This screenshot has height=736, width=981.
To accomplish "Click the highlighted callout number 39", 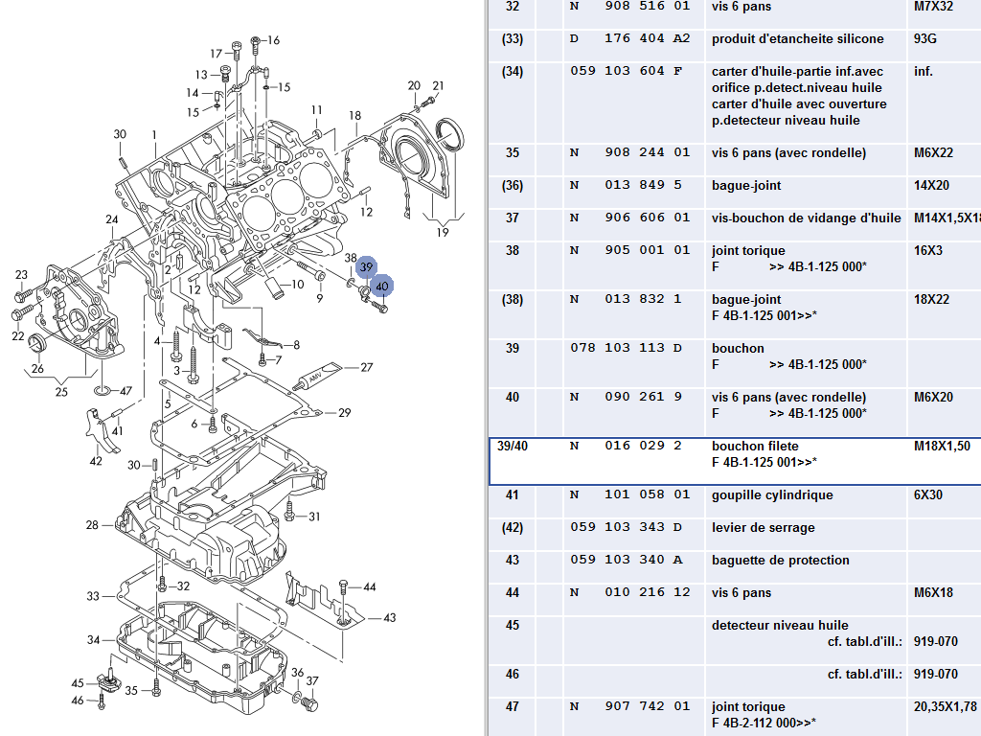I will tap(366, 268).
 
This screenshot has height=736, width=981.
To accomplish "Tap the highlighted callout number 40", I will tap(382, 286).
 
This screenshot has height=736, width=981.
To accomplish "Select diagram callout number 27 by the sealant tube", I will tap(366, 367).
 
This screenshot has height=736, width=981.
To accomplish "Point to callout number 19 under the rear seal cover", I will tap(442, 232).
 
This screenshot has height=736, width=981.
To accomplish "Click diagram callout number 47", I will tap(125, 391).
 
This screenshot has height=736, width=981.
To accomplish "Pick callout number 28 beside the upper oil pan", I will tap(92, 525).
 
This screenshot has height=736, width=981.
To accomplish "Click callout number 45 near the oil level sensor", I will tap(79, 683).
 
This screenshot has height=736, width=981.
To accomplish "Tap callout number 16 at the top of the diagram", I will tap(273, 40).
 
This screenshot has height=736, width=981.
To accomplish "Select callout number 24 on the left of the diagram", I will tap(112, 219).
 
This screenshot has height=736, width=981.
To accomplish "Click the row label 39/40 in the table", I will tap(513, 447).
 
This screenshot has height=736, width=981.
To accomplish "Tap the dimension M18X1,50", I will tap(943, 447).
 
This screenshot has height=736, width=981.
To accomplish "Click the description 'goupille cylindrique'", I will tap(772, 495).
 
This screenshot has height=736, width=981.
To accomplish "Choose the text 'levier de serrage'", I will tap(763, 528).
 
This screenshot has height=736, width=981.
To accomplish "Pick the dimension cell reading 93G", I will tap(926, 39).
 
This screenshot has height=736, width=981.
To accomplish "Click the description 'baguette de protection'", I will tap(780, 561).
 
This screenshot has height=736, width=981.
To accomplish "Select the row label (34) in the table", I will tap(513, 72).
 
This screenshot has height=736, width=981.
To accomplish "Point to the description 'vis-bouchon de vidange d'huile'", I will tap(806, 218).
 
